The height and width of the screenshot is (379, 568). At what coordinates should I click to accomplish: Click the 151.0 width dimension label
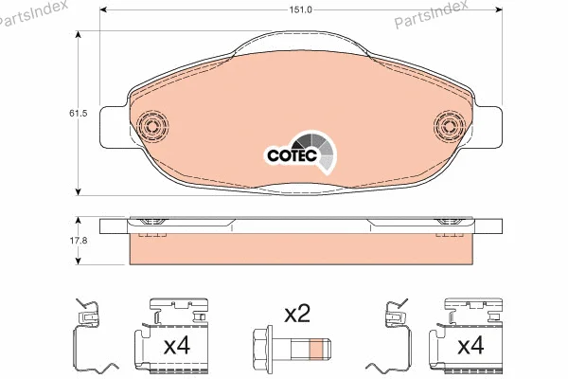pyautogui.click(x=300, y=9)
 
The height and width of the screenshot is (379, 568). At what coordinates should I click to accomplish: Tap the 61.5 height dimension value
pyautogui.click(x=79, y=113)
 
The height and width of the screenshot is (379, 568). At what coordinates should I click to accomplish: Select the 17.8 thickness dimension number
pyautogui.click(x=79, y=240)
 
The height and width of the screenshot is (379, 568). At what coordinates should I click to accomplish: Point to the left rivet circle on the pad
pyautogui.click(x=152, y=125)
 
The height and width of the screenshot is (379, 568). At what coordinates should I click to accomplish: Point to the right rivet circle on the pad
pyautogui.click(x=449, y=125)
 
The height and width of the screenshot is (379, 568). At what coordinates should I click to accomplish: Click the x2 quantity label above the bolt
pyautogui.click(x=297, y=314)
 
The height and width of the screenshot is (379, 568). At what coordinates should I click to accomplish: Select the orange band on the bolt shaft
pyautogui.click(x=316, y=348)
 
